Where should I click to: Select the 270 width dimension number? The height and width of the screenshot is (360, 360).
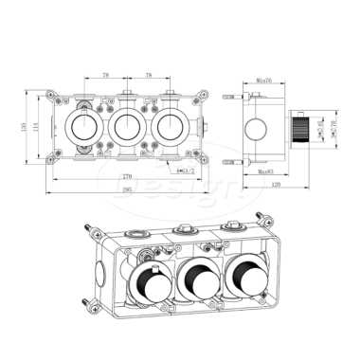coord(127,176)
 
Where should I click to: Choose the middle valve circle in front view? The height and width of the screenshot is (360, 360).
coord(127,126)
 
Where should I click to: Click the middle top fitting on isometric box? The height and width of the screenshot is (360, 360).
coord(182,227)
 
